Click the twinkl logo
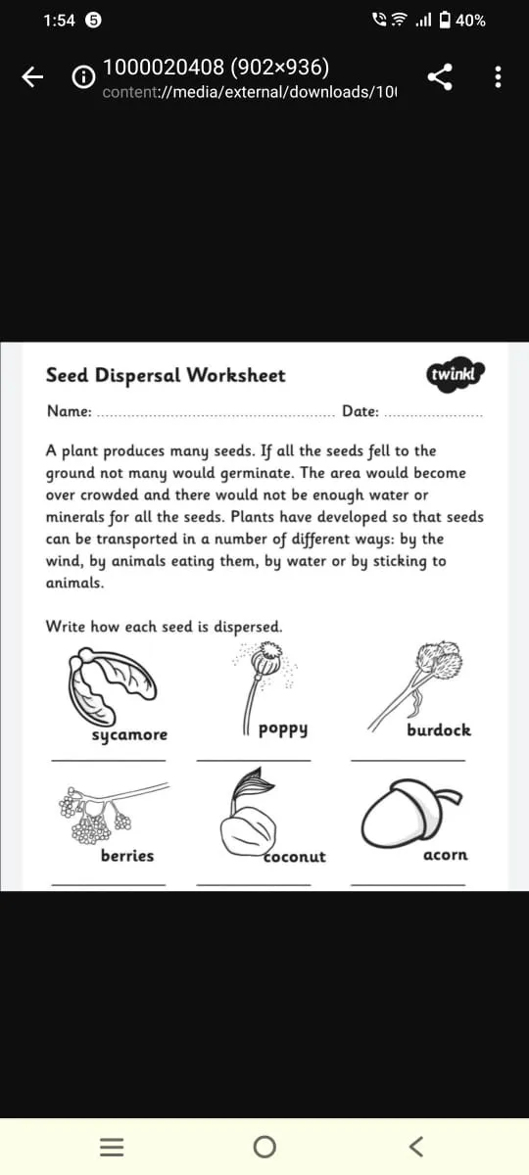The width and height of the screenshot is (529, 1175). tap(457, 374)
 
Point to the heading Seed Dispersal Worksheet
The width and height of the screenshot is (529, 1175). tap(166, 375)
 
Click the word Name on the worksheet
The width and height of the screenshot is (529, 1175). tap(69, 411)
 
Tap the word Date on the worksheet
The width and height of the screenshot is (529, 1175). tap(360, 411)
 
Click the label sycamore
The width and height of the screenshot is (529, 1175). tap(129, 734)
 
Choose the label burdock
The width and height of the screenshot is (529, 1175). tap(439, 729)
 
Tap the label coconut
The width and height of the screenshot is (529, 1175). tap(295, 856)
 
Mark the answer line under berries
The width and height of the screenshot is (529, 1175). tap(108, 884)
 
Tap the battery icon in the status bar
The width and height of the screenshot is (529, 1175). tap(446, 20)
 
